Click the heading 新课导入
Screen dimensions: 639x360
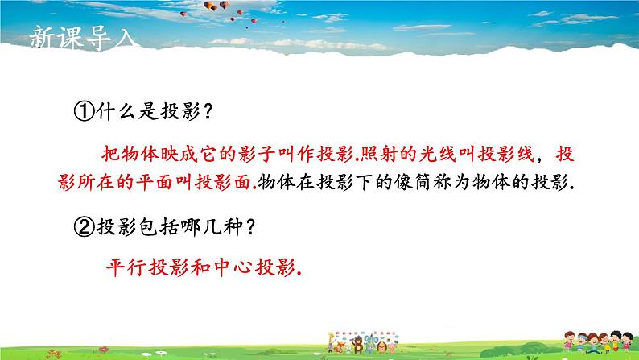pyautogui.click(x=82, y=38)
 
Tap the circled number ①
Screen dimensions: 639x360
pyautogui.click(x=84, y=111)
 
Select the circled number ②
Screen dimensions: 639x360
pyautogui.click(x=84, y=226)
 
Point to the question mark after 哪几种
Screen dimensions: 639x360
pyautogui.click(x=250, y=226)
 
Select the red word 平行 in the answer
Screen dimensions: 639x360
pyautogui.click(x=126, y=268)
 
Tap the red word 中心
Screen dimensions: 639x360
pyautogui.click(x=232, y=268)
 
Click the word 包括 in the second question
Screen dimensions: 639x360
pyautogui.click(x=157, y=226)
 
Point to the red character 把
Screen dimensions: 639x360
pyautogui.click(x=111, y=155)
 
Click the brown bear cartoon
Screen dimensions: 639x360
pyautogui.click(x=358, y=345)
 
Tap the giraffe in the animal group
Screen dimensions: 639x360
pyautogui.click(x=331, y=342)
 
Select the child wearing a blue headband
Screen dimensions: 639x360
pyautogui.click(x=582, y=341)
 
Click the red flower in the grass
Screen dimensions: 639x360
pyautogui.click(x=104, y=349)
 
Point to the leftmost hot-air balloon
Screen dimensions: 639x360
pyautogui.click(x=183, y=14)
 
